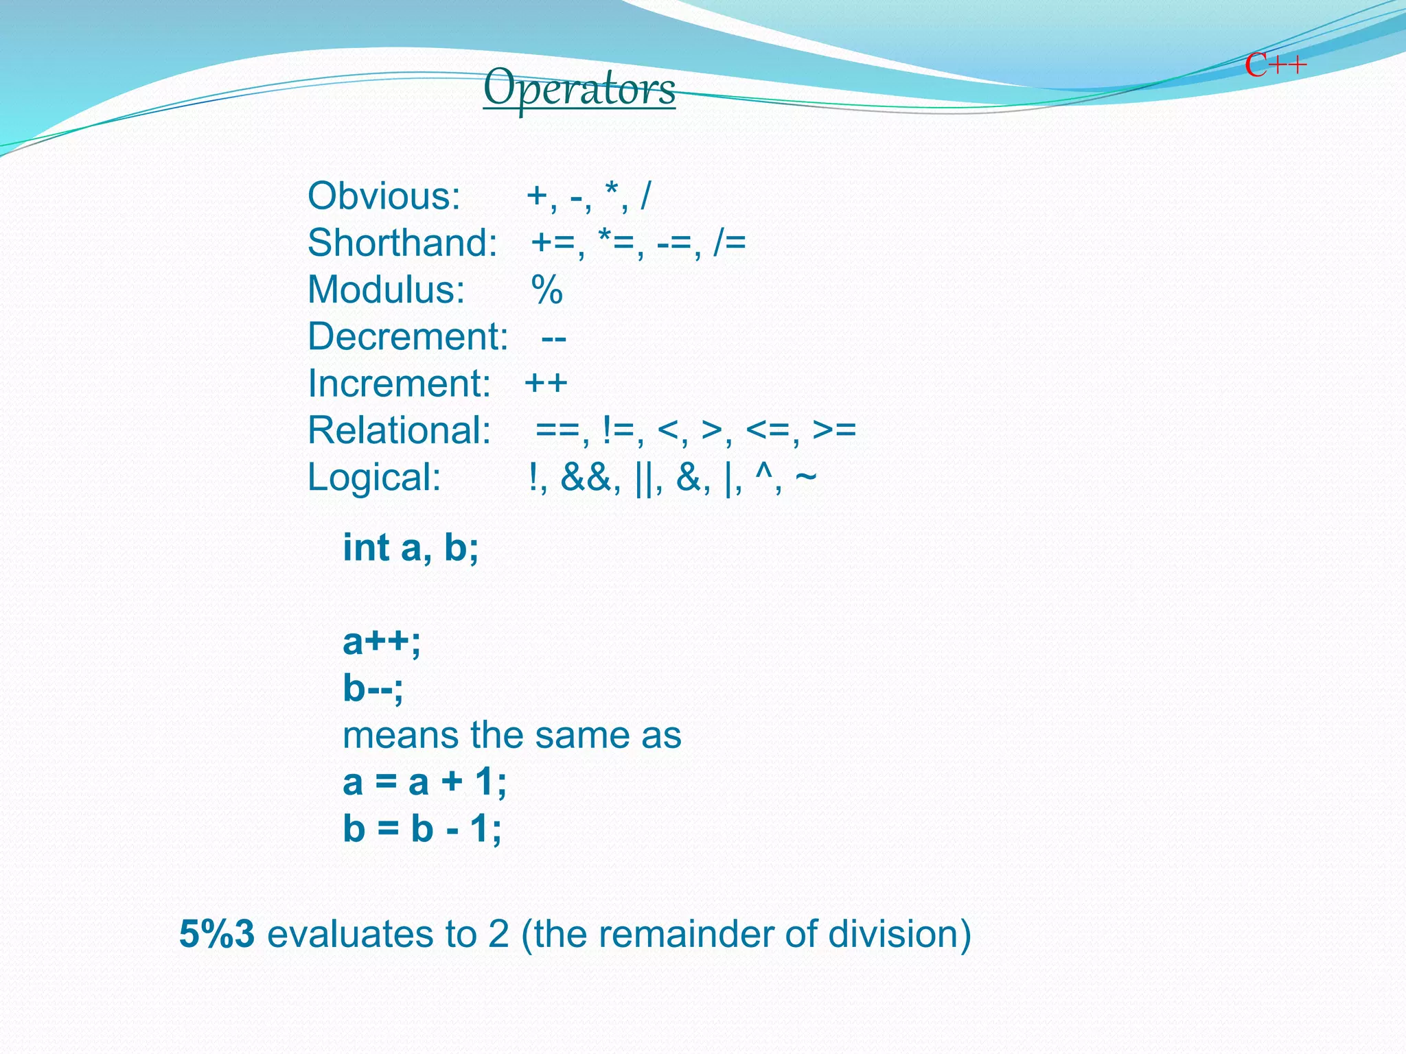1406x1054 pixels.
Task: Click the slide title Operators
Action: [x=579, y=88]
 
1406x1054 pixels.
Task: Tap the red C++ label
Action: [x=1275, y=66]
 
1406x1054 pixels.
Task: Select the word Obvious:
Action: [x=384, y=196]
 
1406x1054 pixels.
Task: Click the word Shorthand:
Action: [x=402, y=243]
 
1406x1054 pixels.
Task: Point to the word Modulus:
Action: [x=386, y=290]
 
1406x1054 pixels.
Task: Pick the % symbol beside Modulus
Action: [x=546, y=290]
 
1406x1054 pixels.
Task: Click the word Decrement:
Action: [x=408, y=336]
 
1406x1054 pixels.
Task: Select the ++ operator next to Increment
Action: [x=546, y=383]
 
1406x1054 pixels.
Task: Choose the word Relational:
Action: [x=399, y=430]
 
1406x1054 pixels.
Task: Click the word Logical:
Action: [x=374, y=477]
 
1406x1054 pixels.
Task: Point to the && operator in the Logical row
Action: [x=586, y=478]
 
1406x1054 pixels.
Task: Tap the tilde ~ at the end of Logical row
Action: [x=806, y=476]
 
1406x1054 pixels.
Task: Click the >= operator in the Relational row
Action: [x=834, y=430]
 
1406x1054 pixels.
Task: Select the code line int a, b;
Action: [x=411, y=548]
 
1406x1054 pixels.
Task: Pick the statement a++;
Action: [x=382, y=642]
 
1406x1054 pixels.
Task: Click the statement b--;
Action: [x=373, y=688]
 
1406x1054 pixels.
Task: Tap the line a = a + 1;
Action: [x=424, y=782]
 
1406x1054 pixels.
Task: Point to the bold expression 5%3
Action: [x=217, y=934]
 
